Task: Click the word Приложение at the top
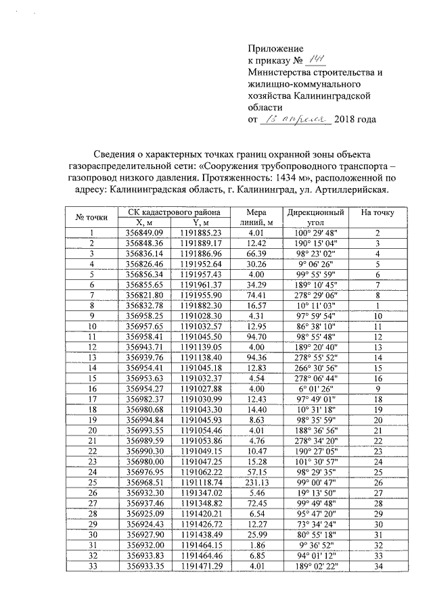(276, 49)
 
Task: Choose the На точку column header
(378, 212)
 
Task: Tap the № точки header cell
(91, 216)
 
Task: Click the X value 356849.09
(141, 233)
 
